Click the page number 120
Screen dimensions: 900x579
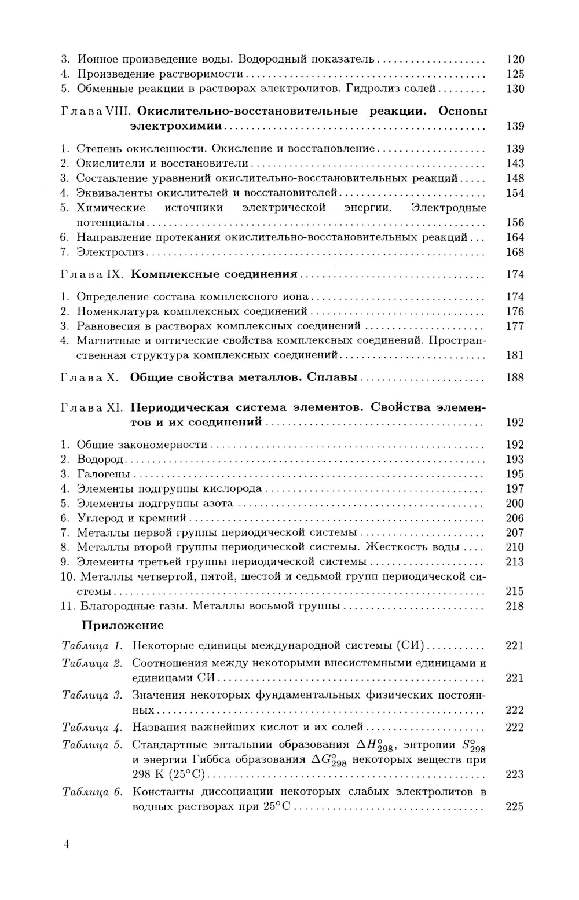[x=514, y=59]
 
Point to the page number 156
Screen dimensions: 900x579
[x=514, y=222]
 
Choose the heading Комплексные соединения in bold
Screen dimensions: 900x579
[x=214, y=274]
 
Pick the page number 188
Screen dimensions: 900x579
[x=514, y=377]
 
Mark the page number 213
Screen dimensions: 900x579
[x=514, y=561]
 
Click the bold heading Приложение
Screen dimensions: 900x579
[x=123, y=625]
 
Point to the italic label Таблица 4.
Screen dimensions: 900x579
[x=92, y=727]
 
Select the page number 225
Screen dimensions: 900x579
[x=514, y=806]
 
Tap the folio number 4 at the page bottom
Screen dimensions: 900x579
[x=67, y=844]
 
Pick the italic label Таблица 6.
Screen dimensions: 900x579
[x=92, y=792]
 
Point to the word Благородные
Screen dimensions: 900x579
[x=113, y=606]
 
